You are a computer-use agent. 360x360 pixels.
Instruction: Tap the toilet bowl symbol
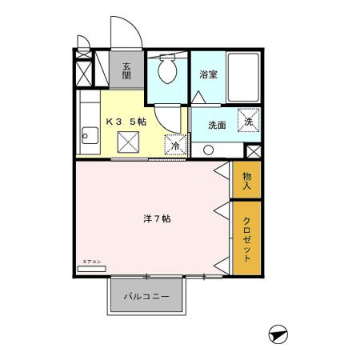click(x=168, y=73)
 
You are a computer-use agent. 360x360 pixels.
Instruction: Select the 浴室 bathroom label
click(x=210, y=74)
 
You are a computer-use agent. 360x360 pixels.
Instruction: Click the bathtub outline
click(x=242, y=77)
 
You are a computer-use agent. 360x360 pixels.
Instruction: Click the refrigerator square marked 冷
click(x=175, y=146)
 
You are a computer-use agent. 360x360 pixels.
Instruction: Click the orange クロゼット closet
click(x=246, y=240)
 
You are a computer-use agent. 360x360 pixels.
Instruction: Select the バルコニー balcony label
click(x=147, y=296)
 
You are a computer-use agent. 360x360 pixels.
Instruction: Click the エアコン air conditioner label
click(x=90, y=261)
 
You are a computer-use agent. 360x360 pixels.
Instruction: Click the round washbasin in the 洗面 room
click(x=208, y=149)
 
